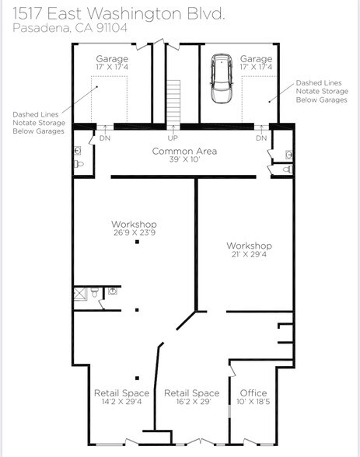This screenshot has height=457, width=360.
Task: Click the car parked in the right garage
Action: (222, 78)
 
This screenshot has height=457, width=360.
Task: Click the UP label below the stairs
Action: (173, 138)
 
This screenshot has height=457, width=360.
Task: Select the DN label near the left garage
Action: (104, 138)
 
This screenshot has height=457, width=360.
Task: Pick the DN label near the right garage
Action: (261, 138)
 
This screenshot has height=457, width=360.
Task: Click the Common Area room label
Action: (184, 151)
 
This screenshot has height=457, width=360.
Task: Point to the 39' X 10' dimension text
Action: (184, 160)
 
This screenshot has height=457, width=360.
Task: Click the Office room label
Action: (253, 393)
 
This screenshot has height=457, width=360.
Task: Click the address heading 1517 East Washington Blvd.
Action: (119, 13)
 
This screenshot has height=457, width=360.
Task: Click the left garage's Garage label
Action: (112, 59)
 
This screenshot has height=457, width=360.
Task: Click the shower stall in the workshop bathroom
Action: (79, 294)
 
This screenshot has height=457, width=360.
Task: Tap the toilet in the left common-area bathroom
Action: (79, 166)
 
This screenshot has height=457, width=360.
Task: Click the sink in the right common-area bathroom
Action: (288, 155)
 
